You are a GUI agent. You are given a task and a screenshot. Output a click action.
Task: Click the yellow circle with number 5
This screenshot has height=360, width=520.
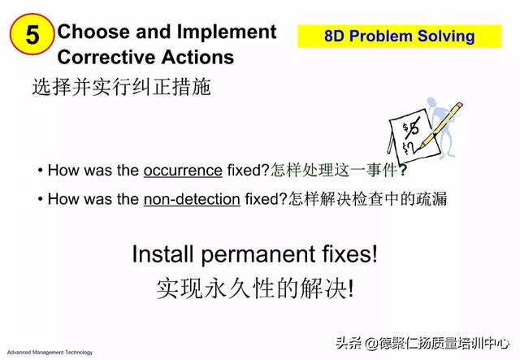pos(32,34)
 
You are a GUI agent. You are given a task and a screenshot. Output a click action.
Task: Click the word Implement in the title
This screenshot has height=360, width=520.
pos(227,33)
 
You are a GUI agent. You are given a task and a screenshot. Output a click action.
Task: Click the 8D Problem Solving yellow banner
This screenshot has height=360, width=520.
pos(400,37)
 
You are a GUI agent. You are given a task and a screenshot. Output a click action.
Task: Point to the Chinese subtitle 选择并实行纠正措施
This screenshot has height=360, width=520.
pos(121,87)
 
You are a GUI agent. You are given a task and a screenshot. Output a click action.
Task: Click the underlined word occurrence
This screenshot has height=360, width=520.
pos(183,171)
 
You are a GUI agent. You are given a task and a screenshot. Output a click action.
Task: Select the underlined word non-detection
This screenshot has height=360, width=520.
pos(192,199)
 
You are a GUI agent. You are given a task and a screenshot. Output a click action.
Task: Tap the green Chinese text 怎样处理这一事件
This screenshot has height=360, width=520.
pos(334,170)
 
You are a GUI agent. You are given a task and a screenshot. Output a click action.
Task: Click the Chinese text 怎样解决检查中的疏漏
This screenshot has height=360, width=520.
pos(367,199)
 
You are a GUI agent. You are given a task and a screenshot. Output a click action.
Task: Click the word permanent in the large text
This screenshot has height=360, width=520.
pos(258,255)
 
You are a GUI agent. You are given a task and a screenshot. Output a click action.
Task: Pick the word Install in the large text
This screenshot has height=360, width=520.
pos(162,254)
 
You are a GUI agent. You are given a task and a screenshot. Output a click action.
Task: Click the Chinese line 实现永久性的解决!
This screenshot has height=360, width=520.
pos(255,288)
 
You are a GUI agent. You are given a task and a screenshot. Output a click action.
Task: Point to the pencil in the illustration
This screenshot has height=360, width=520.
pos(440,125)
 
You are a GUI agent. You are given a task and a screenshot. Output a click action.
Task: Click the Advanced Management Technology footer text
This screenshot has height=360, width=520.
pos(50,353)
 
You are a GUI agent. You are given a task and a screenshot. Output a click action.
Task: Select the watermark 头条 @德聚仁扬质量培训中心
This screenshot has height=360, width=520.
pos(422,343)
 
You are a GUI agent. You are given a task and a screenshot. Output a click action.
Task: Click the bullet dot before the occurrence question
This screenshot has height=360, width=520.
pos(40,171)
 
